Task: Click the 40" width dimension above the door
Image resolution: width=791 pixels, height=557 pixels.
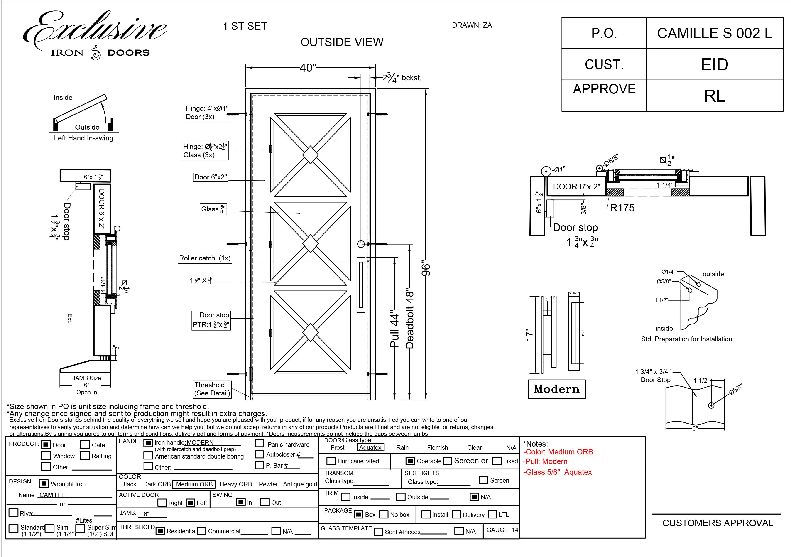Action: pyautogui.click(x=308, y=68)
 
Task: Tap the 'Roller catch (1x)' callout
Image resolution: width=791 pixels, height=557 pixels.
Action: pyautogui.click(x=205, y=258)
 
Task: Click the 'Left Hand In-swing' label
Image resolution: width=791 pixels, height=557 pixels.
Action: pyautogui.click(x=84, y=138)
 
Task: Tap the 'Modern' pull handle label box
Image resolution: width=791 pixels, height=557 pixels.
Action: pyautogui.click(x=556, y=389)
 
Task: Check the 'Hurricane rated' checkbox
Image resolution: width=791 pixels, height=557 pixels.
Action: pyautogui.click(x=331, y=461)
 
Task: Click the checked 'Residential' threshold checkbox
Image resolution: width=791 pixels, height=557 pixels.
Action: pyautogui.click(x=160, y=531)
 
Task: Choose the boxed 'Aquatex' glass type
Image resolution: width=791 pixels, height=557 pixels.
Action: pyautogui.click(x=370, y=447)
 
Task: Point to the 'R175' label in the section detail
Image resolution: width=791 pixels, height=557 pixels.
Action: pyautogui.click(x=622, y=208)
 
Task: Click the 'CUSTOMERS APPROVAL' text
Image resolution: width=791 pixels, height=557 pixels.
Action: pyautogui.click(x=718, y=523)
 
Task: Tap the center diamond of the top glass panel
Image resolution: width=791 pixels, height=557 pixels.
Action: pyautogui.click(x=310, y=155)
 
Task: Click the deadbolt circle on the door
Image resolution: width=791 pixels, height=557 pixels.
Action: pyautogui.click(x=361, y=244)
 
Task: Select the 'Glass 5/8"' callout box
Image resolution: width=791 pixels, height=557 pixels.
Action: pyautogui.click(x=213, y=209)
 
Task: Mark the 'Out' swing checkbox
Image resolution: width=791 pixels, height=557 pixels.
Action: pyautogui.click(x=264, y=502)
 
